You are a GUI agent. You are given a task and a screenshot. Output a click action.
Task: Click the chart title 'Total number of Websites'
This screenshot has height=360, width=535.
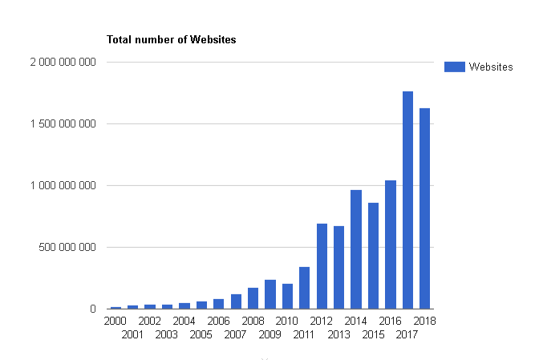point(172,39)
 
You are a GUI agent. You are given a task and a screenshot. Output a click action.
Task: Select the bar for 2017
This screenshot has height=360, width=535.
point(407,200)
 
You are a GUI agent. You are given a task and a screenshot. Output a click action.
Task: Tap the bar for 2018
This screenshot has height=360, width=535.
point(424,208)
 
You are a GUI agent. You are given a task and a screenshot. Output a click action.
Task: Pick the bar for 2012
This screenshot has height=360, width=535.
point(322,266)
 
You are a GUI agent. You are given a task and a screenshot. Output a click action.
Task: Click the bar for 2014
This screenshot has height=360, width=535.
point(356,249)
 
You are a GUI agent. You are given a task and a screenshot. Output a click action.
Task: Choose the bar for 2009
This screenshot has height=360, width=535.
point(270,294)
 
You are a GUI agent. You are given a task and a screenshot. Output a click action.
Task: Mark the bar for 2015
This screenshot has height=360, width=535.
point(373,256)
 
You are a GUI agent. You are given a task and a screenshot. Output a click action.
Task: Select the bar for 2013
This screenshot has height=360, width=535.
point(338,268)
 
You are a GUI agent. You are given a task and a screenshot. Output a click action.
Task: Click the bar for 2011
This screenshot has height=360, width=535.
point(305,288)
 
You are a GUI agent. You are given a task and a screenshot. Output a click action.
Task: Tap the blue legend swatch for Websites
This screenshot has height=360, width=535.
point(454,67)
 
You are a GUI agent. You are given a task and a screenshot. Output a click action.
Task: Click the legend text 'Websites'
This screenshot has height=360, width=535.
point(491,67)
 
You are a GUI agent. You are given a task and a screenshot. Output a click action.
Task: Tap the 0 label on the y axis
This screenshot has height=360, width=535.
point(93,309)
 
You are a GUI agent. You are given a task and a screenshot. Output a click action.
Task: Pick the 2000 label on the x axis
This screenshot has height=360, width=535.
point(116,321)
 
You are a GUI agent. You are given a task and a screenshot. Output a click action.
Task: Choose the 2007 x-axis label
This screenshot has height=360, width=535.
point(236,334)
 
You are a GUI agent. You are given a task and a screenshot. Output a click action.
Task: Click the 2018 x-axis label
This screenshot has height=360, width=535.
point(424,321)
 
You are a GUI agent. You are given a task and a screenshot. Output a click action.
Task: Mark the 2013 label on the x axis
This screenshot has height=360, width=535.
point(338,334)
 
